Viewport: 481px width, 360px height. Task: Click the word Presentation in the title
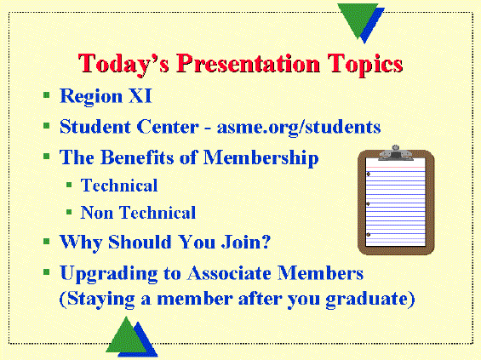(x=248, y=63)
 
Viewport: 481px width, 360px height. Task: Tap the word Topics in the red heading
(x=364, y=65)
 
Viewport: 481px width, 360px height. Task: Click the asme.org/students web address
(x=299, y=127)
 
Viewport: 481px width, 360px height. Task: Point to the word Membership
(x=261, y=157)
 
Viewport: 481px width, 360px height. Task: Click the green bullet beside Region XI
(x=47, y=94)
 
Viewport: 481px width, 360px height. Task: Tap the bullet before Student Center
(x=47, y=125)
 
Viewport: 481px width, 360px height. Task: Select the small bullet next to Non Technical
(x=69, y=212)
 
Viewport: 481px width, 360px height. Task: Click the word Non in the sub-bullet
(x=97, y=213)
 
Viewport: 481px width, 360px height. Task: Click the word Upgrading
(x=109, y=273)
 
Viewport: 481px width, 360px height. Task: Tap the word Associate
(x=229, y=272)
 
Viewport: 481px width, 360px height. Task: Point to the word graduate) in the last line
(x=370, y=299)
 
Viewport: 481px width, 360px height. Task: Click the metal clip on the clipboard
(x=396, y=153)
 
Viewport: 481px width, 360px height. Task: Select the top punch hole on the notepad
(x=369, y=174)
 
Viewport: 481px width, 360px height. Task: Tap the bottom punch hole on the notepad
(x=369, y=235)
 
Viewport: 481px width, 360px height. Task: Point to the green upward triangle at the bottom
(x=126, y=337)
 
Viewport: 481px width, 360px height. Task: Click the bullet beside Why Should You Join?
(x=47, y=242)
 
